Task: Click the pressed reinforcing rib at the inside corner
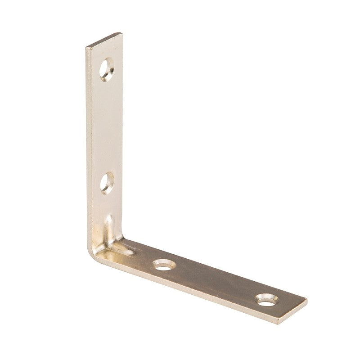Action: tap(115, 238)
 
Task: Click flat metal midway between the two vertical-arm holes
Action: tap(107, 126)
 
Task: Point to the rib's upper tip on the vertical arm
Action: tap(108, 218)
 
